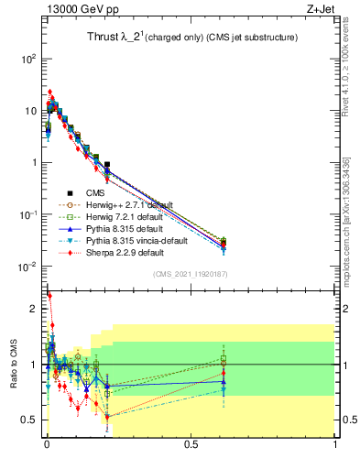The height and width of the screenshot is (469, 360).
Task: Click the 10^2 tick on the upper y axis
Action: [x=28, y=59]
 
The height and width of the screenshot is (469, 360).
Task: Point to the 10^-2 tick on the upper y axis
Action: [x=28, y=267]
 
